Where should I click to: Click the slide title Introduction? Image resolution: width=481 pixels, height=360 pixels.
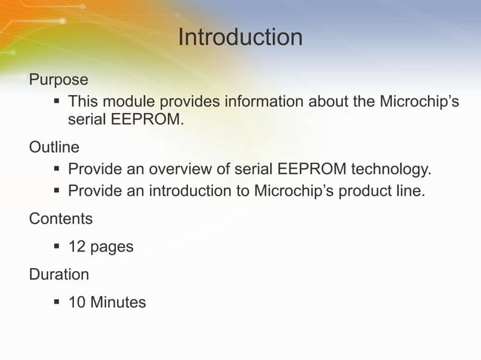(240, 37)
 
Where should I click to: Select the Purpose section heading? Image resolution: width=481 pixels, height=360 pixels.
(58, 79)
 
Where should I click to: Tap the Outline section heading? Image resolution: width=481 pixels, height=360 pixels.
(54, 146)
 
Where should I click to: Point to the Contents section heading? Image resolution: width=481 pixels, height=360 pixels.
(60, 219)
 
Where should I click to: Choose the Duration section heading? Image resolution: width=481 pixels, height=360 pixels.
(58, 275)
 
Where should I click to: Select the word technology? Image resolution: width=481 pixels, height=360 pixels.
(389, 168)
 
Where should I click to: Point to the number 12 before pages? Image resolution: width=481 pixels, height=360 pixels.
(76, 246)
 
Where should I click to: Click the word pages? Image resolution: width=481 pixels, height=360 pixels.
(111, 248)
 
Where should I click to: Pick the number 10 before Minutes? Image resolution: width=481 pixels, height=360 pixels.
(76, 303)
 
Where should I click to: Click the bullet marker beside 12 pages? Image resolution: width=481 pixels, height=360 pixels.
(57, 246)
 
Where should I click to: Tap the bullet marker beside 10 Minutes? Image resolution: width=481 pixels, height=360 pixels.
(57, 302)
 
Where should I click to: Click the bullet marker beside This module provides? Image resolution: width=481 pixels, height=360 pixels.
(57, 101)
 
